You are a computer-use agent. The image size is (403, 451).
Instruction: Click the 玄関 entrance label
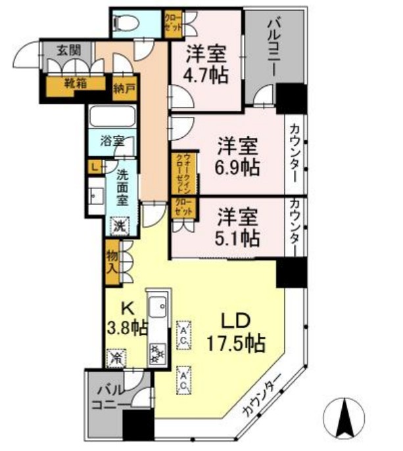(x=65, y=49)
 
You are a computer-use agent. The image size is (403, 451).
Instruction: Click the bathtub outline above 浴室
(x=111, y=118)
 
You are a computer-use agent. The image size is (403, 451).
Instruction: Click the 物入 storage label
(x=112, y=259)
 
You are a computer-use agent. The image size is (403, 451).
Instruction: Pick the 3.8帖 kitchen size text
(x=126, y=326)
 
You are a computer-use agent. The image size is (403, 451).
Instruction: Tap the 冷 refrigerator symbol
(x=116, y=358)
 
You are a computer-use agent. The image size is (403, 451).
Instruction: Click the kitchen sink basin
(x=158, y=307)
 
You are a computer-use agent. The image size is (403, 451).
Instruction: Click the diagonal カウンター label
(x=262, y=395)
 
